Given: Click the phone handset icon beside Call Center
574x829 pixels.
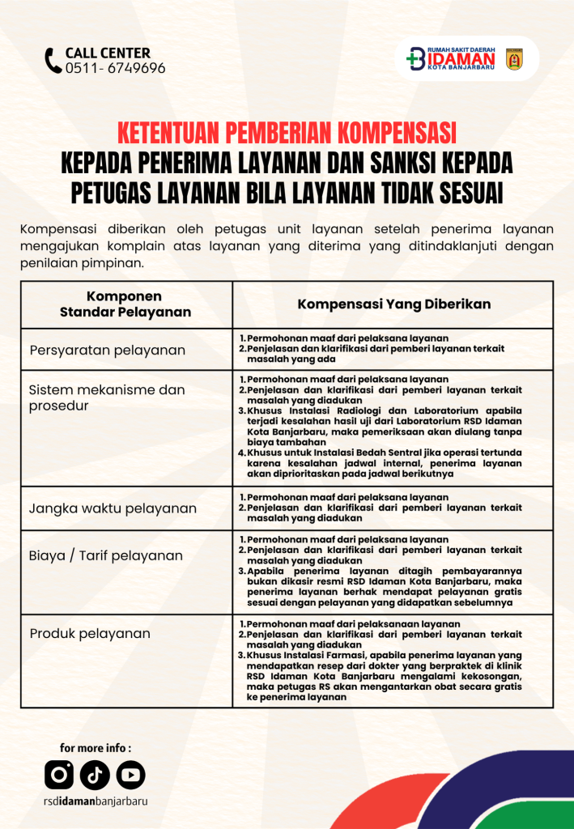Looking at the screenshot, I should (x=53, y=61).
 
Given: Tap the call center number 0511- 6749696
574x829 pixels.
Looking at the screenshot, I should (x=115, y=69).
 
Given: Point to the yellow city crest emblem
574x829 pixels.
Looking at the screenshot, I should (x=514, y=59).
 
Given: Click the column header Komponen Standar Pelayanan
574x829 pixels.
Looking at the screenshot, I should (x=125, y=304).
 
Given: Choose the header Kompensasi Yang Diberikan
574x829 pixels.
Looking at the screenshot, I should (x=393, y=304).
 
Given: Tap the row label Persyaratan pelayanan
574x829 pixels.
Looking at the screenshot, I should (x=108, y=351).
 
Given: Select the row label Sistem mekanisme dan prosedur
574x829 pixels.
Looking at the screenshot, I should (x=107, y=397).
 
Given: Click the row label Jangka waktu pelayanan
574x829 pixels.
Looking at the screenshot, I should (x=113, y=508).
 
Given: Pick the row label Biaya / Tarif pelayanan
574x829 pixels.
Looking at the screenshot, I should (x=106, y=555).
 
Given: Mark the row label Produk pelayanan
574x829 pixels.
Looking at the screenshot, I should (x=90, y=633).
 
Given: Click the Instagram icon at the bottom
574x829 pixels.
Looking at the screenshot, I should (x=59, y=775).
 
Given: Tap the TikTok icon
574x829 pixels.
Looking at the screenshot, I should (x=95, y=775).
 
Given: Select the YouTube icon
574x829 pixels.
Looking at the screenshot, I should (x=130, y=775).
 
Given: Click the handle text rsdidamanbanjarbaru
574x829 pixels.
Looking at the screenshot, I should (x=96, y=801).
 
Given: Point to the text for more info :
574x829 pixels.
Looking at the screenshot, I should (x=95, y=748).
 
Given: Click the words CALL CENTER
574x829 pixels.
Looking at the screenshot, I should (x=107, y=53).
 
